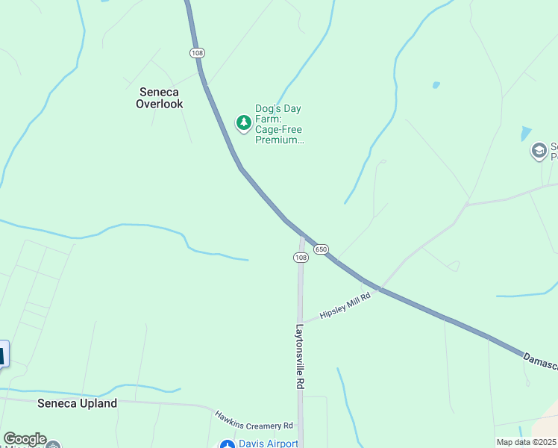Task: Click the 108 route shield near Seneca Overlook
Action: (x=197, y=53)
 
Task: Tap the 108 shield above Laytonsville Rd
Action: (x=301, y=257)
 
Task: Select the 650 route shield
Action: (x=321, y=249)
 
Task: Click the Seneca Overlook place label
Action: (x=159, y=98)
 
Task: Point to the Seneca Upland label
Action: (x=78, y=403)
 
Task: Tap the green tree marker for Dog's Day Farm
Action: (x=243, y=122)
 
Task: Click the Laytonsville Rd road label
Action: (x=300, y=355)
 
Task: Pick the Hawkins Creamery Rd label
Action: (x=253, y=420)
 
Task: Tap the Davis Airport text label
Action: (x=269, y=444)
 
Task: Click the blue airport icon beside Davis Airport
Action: (x=227, y=445)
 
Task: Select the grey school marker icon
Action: (x=539, y=152)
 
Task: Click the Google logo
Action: (x=24, y=439)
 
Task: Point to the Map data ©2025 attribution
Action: (x=526, y=442)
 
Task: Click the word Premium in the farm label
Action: (x=280, y=140)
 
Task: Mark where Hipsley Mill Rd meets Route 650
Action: (x=380, y=288)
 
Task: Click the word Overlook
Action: (x=159, y=105)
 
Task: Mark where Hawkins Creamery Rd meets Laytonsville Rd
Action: (x=300, y=427)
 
